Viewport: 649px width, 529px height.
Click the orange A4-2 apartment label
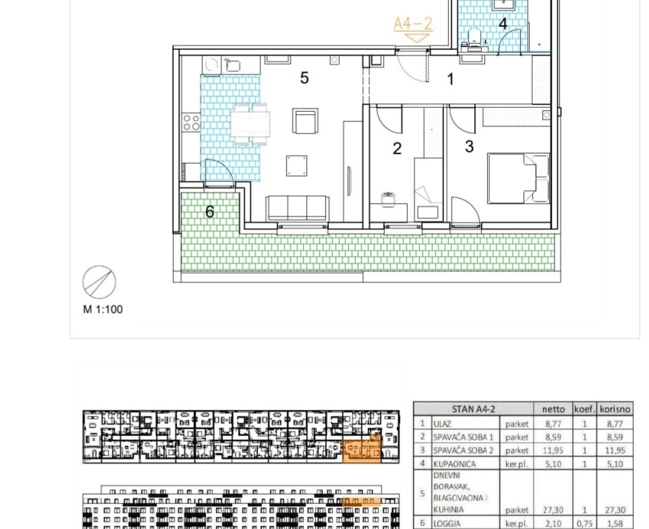412,24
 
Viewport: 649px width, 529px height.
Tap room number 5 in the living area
304,77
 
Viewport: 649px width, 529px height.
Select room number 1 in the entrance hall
451,79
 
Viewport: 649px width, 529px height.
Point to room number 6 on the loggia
210,212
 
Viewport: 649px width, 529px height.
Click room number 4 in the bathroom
503,24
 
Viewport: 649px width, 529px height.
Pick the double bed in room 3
519,179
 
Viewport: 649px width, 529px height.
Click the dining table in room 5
251,124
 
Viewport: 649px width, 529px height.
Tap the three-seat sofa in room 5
298,208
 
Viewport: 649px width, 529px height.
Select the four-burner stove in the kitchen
191,123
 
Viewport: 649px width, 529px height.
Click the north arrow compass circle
99,282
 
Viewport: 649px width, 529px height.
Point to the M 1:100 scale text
103,309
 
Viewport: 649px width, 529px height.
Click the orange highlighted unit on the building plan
362,451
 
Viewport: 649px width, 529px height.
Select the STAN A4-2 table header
474,409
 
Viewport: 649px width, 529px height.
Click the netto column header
553,409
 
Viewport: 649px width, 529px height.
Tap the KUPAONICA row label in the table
454,464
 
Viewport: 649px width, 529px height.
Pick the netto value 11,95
553,450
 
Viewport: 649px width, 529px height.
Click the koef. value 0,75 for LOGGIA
584,524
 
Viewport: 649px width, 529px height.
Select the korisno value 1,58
615,524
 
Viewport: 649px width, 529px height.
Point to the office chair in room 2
388,199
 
